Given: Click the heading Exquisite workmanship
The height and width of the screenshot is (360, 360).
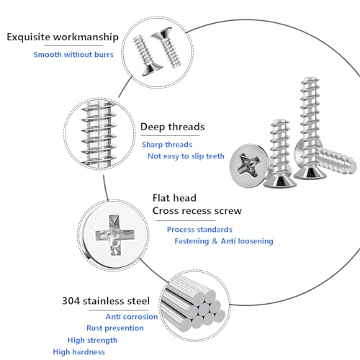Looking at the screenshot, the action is (x=63, y=37).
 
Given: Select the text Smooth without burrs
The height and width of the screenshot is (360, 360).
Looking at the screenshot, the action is (x=73, y=55).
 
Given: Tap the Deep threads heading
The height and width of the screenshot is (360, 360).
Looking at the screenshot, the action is (x=173, y=127).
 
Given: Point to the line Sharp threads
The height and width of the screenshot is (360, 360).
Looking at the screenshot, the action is (x=167, y=145).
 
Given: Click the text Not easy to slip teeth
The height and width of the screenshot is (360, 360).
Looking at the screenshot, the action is (x=186, y=156).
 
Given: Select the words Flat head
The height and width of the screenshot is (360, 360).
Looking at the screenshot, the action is (x=174, y=198).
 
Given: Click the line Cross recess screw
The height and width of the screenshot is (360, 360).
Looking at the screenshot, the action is (x=197, y=211).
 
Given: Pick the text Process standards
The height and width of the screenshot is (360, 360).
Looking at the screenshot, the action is (x=199, y=230).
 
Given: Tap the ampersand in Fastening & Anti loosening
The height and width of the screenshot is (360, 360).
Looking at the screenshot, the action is (x=215, y=241).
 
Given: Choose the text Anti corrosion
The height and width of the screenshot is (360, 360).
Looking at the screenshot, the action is (x=132, y=317).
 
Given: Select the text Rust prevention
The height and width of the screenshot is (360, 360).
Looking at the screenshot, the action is (x=115, y=328).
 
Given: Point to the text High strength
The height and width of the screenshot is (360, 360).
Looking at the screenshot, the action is (x=92, y=341).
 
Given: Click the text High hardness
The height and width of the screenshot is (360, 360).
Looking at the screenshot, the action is (x=79, y=352).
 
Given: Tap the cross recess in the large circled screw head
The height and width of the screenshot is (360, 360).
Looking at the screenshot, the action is (x=115, y=235).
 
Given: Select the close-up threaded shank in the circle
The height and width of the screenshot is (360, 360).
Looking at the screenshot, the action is (x=100, y=134).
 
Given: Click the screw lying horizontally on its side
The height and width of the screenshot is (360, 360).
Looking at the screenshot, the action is (x=336, y=161).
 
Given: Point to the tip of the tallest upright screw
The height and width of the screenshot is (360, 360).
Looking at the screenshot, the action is (x=310, y=78).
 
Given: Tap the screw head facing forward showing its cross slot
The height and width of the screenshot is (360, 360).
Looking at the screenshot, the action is (x=249, y=165).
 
